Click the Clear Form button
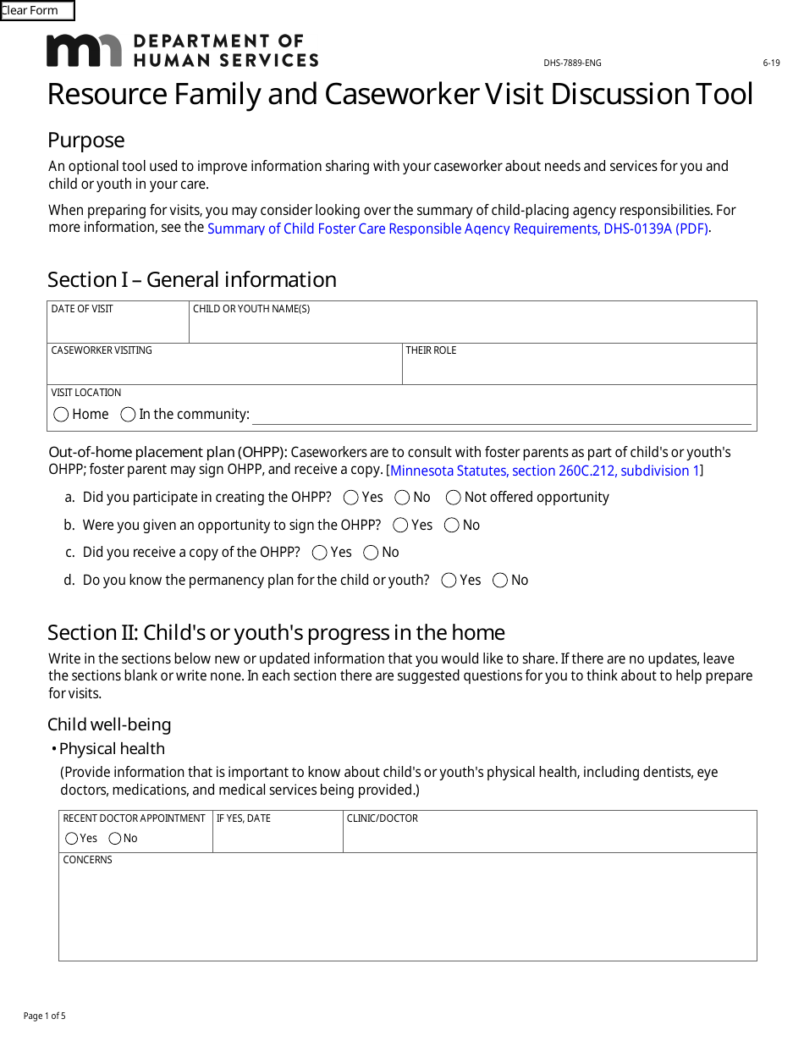(x=37, y=11)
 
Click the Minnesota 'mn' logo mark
(x=84, y=51)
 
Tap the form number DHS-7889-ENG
(x=572, y=63)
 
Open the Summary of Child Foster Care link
(x=457, y=229)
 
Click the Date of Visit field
(x=118, y=327)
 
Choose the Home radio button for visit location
(x=62, y=415)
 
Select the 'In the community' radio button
(x=129, y=415)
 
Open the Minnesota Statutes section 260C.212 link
(x=544, y=471)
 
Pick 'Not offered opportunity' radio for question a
(x=454, y=498)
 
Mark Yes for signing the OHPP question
(x=401, y=526)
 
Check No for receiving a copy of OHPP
(x=371, y=553)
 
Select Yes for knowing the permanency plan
(x=449, y=581)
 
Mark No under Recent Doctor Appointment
(x=115, y=839)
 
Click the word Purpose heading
(x=85, y=140)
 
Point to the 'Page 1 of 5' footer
(x=45, y=1016)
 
